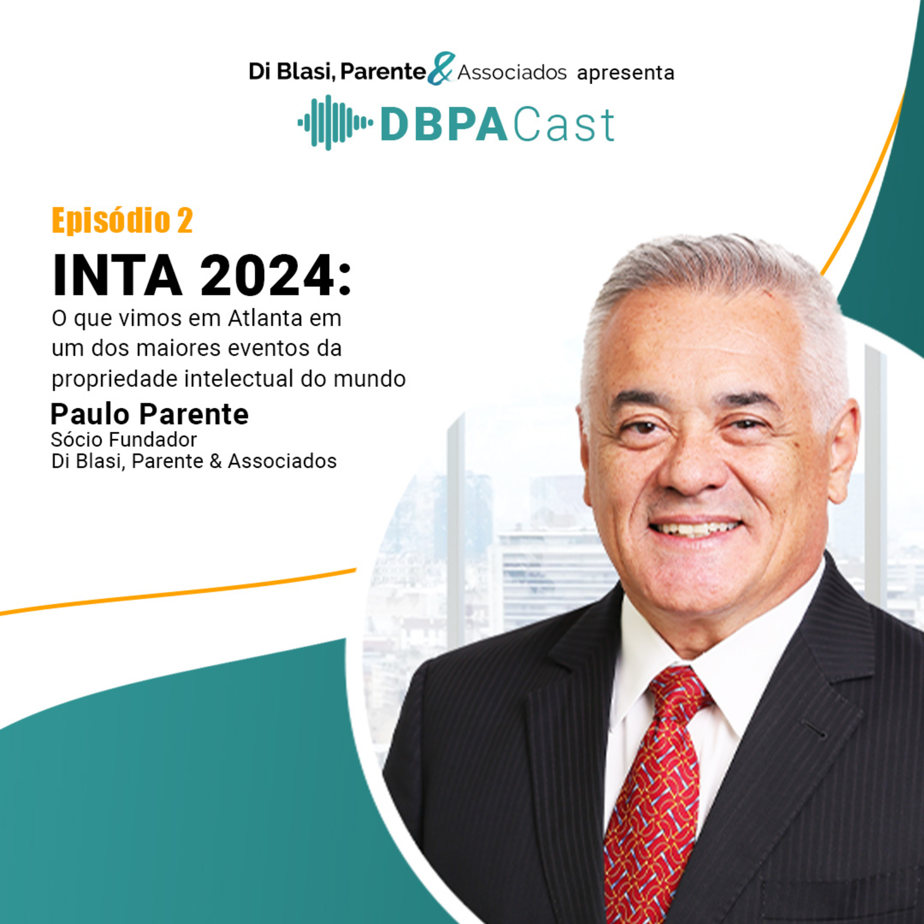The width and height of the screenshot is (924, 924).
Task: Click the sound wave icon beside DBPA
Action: pos(335,123)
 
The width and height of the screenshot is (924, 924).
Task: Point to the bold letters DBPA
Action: pos(444,125)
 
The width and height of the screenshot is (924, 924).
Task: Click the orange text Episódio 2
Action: pos(122,221)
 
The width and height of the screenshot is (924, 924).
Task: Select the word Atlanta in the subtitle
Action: pos(265,318)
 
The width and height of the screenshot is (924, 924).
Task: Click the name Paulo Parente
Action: pos(150,414)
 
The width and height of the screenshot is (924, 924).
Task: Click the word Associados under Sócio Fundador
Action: pos(282,461)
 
